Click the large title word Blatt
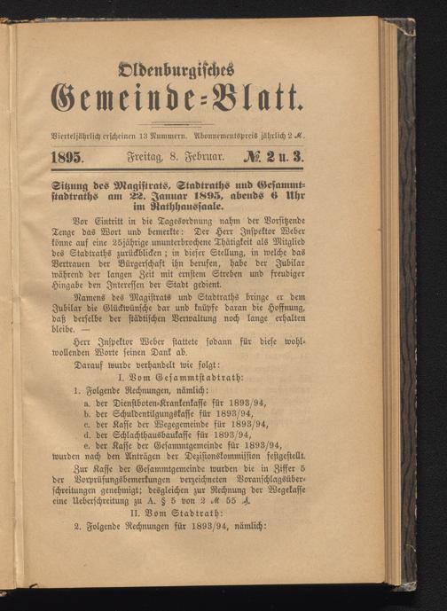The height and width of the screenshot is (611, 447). point(260,105)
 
